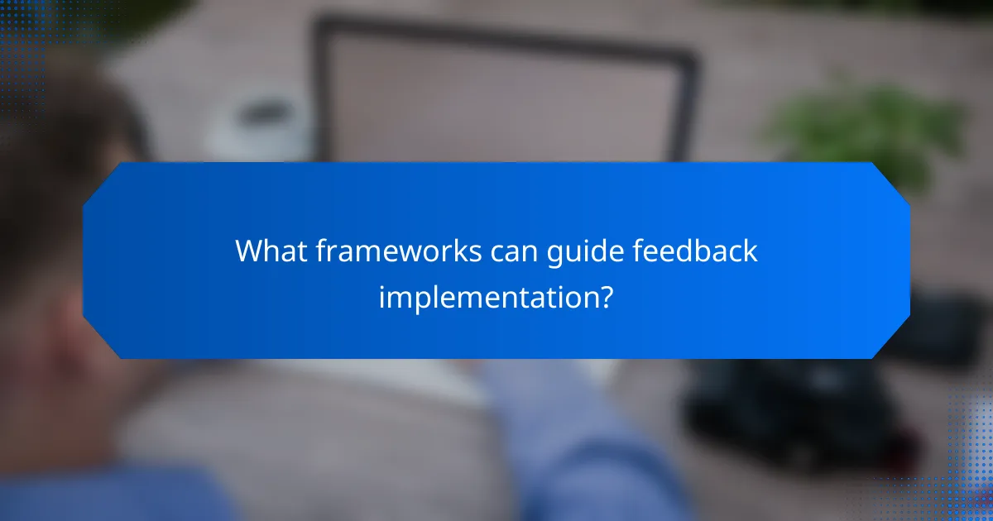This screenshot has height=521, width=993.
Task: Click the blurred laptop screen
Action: tap(505, 99)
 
